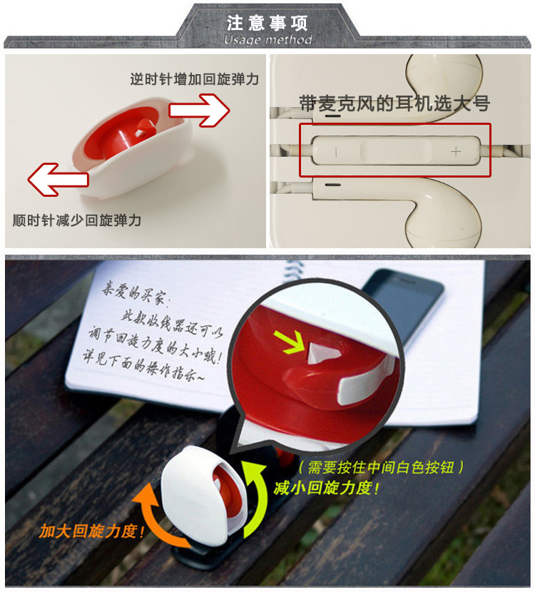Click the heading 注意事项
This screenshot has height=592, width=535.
[267, 23]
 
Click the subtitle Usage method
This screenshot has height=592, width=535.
[267, 39]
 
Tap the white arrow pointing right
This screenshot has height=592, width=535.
[199, 111]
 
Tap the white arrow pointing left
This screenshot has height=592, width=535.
[58, 179]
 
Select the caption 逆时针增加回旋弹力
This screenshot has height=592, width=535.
[195, 79]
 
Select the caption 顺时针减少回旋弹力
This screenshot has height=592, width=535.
[77, 220]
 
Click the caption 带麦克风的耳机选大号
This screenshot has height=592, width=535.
[394, 103]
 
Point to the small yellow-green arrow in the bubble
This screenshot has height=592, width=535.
[295, 342]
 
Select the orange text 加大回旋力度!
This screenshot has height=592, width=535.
[91, 531]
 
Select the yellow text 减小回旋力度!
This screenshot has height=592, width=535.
[326, 488]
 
